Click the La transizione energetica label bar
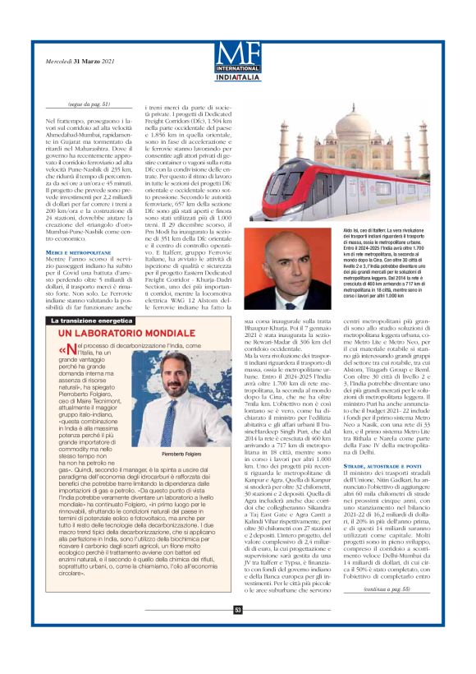pyautogui.click(x=93, y=321)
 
